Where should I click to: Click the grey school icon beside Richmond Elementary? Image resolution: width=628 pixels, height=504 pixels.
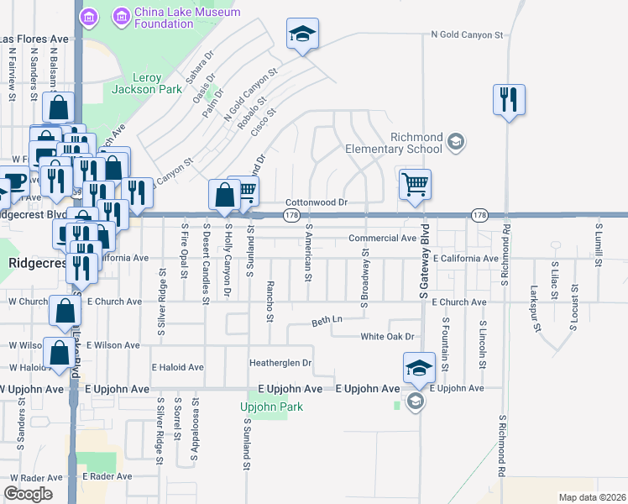456,140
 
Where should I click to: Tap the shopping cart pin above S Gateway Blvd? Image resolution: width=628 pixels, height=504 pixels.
415,185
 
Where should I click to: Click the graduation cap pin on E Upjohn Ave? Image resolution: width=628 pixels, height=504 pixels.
419,368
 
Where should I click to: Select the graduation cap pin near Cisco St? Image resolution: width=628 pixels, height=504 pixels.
302,35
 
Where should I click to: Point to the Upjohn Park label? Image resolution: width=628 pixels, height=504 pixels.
270,407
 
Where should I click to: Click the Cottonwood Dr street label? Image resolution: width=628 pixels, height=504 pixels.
317,202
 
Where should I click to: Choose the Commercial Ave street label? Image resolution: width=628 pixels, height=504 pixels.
383,239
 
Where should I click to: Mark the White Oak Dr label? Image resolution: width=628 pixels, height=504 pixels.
388,337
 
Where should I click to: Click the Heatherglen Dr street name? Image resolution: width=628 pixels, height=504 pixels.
280,364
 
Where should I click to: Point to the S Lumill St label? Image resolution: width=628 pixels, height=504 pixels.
598,244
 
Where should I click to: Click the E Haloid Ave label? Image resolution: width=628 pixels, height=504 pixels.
177,367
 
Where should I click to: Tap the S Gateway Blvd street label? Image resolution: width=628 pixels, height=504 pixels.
426,261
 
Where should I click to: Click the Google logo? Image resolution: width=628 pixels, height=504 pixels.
28,494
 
